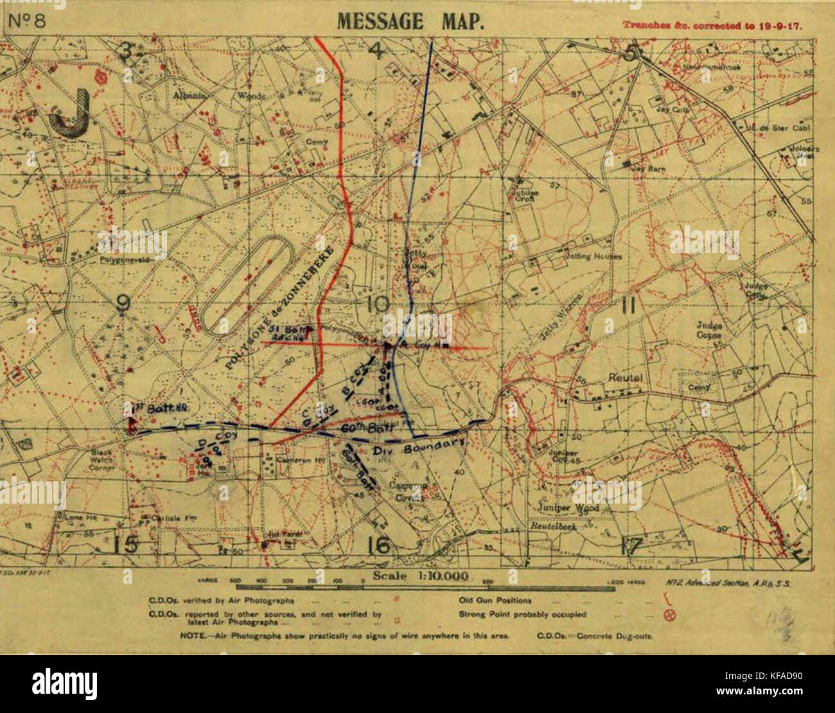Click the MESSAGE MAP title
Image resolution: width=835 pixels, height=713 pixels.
pos(410,22)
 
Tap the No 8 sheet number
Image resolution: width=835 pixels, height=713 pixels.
pos(27,21)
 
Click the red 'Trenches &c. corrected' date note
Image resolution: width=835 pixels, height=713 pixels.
pos(712,26)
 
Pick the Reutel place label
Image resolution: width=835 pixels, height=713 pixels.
pos(624,378)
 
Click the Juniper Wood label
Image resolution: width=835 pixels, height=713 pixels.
pos(568,508)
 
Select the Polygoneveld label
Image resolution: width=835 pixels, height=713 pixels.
pos(123,261)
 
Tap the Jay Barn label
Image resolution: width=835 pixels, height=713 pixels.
pos(649,169)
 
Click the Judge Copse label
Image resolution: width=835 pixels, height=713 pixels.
pos(709,330)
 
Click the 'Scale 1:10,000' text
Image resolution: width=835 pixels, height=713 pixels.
pos(420,576)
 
